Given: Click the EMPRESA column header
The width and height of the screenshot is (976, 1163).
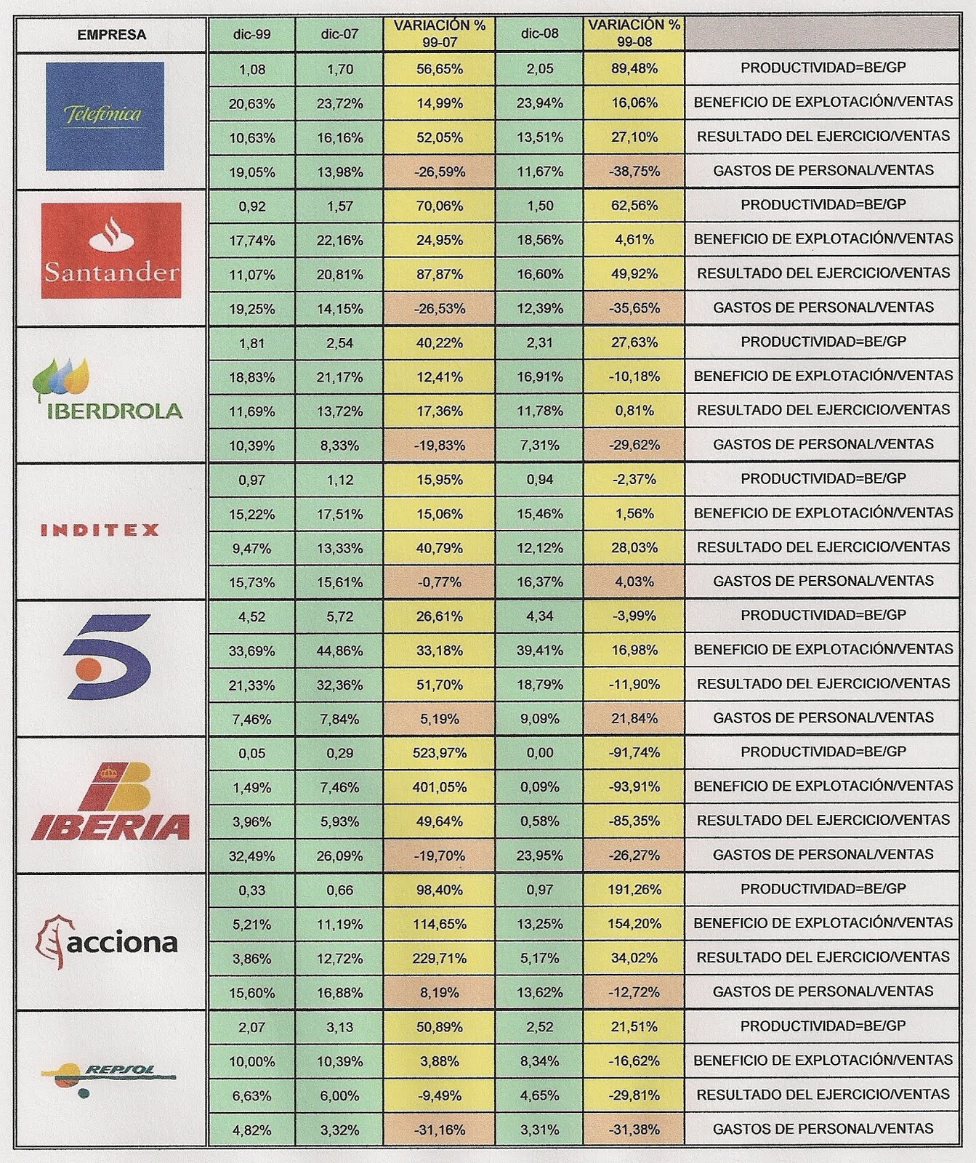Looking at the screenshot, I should pyautogui.click(x=111, y=35).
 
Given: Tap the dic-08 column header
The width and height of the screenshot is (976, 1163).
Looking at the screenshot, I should pyautogui.click(x=539, y=34).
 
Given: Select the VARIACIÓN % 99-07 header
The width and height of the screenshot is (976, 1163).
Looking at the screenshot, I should pyautogui.click(x=439, y=34).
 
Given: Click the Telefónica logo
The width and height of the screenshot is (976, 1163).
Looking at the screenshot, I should pyautogui.click(x=105, y=116).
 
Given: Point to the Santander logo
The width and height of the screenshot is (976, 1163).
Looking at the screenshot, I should pyautogui.click(x=111, y=251).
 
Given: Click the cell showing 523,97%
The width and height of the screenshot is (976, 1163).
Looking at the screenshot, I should pyautogui.click(x=439, y=753).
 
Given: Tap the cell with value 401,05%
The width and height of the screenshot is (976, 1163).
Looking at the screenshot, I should pyautogui.click(x=439, y=787).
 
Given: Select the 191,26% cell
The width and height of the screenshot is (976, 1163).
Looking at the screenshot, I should pyautogui.click(x=634, y=890).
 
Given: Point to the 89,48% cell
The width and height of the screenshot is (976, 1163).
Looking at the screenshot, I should pyautogui.click(x=634, y=68).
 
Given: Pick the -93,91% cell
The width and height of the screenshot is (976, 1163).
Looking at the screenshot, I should pyautogui.click(x=634, y=787).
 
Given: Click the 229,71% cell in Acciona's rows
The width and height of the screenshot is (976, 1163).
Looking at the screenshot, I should pyautogui.click(x=439, y=958).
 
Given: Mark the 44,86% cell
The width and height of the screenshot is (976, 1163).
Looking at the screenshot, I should pyautogui.click(x=339, y=651).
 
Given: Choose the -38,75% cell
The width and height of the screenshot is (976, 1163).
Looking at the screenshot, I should pyautogui.click(x=634, y=172).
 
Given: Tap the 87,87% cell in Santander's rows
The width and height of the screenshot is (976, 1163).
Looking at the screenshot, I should pyautogui.click(x=439, y=274).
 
